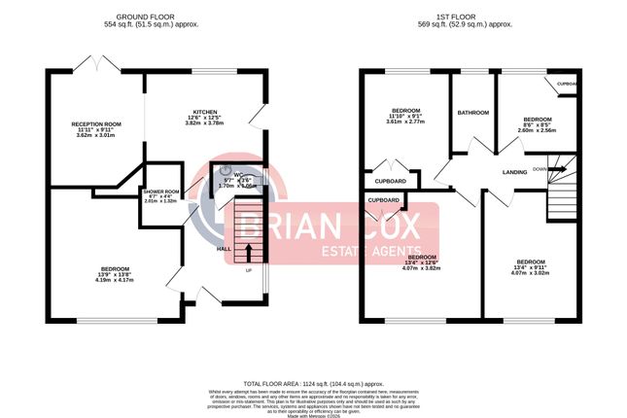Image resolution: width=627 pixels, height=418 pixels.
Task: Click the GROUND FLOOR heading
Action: pos(144,17)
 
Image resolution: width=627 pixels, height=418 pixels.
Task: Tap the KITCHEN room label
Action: pos(204,112)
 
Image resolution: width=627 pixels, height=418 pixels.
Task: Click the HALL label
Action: pos(222,248)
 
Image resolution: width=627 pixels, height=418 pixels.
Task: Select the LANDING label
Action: pos(514,173)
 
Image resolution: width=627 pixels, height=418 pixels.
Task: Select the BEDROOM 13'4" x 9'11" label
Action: pos(530,262)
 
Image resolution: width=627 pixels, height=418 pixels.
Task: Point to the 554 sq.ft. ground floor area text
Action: pos(144,26)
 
